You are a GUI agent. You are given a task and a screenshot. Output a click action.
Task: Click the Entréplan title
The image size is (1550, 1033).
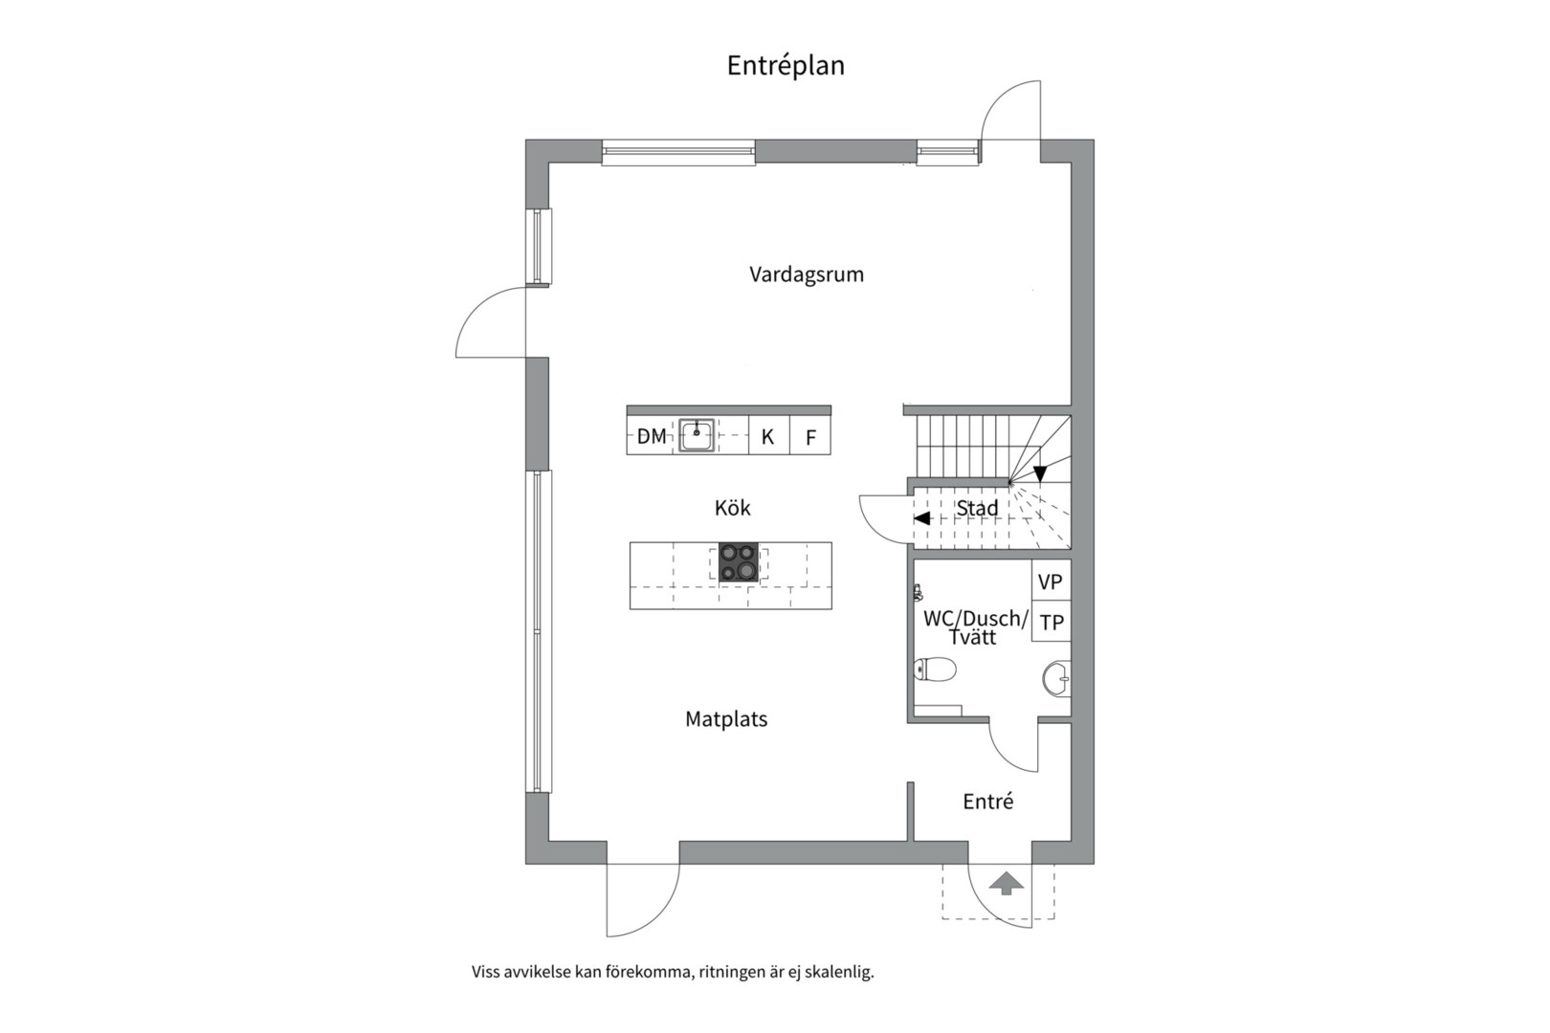click(786, 66)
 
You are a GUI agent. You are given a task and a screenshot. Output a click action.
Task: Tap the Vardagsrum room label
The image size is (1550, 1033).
click(807, 275)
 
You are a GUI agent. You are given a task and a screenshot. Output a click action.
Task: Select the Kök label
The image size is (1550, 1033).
click(732, 508)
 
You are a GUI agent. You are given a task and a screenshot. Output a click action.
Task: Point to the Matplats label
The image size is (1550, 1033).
click(726, 719)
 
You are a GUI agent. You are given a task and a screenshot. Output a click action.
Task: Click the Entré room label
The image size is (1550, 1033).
click(987, 802)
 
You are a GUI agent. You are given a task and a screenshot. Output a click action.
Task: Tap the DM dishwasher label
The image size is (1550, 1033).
click(652, 436)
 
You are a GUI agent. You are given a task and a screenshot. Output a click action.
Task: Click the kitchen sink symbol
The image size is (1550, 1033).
click(697, 436)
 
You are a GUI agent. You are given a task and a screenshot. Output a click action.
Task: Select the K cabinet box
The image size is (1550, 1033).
click(768, 435)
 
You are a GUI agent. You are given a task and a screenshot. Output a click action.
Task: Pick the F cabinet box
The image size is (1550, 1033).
click(810, 435)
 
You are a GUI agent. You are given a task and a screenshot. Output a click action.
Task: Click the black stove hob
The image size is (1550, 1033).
click(739, 561)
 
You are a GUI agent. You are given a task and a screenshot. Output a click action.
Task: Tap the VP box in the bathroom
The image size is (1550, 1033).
click(1052, 581)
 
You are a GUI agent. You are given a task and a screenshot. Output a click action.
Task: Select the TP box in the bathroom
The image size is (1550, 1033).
click(1052, 622)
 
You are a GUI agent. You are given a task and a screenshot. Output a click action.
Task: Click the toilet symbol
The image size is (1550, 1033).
click(935, 670)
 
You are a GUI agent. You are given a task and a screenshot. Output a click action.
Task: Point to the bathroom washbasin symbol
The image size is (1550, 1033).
click(1057, 679)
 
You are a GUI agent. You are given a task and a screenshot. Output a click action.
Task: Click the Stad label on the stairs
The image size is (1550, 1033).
click(977, 508)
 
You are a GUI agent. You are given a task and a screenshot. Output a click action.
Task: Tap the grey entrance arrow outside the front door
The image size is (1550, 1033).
click(1007, 884)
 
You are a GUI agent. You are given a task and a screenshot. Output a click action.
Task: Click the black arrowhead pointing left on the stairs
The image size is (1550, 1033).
click(921, 518)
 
